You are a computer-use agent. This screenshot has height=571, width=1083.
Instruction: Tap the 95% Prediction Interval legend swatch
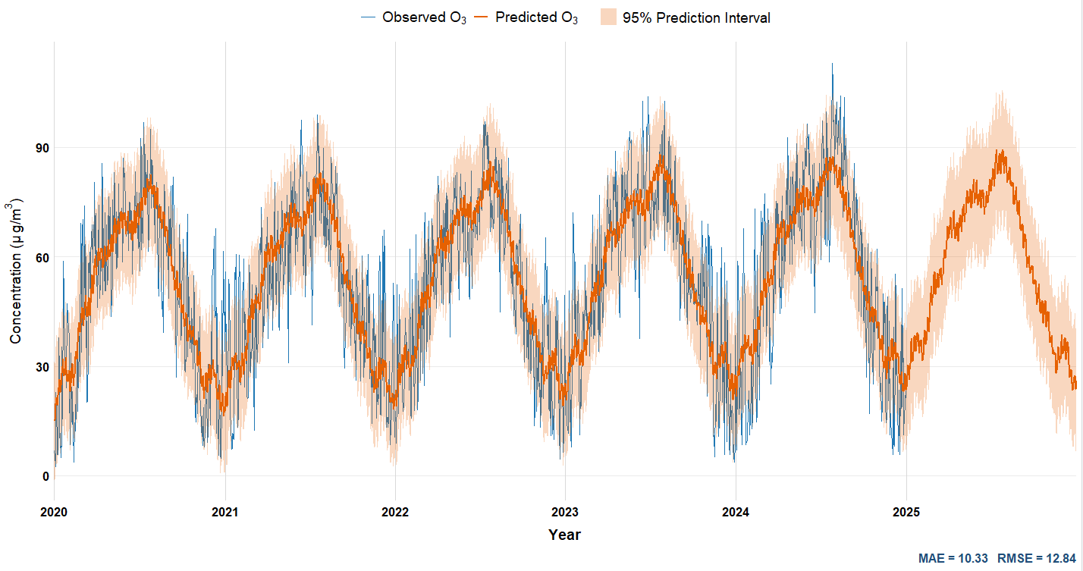(x=608, y=17)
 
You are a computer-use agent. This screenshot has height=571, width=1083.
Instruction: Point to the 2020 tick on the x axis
(x=54, y=512)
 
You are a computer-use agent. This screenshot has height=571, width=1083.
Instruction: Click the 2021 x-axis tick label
(x=224, y=512)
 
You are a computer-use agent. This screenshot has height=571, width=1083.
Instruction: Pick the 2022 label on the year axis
(x=395, y=512)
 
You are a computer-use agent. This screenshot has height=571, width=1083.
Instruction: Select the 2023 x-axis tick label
(x=565, y=512)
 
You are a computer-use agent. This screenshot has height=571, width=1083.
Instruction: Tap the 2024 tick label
(x=736, y=512)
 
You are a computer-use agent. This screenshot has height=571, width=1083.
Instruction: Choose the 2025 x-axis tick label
(x=906, y=512)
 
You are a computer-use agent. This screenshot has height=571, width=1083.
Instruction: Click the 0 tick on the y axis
(x=45, y=476)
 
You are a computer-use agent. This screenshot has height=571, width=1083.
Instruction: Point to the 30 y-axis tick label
(x=42, y=367)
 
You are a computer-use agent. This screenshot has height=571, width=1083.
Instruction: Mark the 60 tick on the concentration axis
(x=42, y=258)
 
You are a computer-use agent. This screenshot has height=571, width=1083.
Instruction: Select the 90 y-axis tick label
(x=42, y=148)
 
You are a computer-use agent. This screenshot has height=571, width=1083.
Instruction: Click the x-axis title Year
(x=565, y=535)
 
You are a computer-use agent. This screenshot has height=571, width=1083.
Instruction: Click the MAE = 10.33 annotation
(x=953, y=558)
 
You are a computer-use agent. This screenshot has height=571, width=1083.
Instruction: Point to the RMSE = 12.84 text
(x=1037, y=558)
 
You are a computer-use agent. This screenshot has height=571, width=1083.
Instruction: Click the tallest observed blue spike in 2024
(x=832, y=64)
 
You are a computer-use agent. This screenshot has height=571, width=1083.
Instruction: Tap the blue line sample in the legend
(x=369, y=17)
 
